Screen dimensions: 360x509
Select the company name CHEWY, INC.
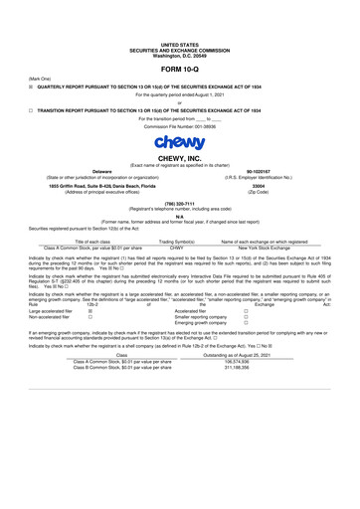point(179,158)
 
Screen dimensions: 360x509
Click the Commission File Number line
point(179,128)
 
